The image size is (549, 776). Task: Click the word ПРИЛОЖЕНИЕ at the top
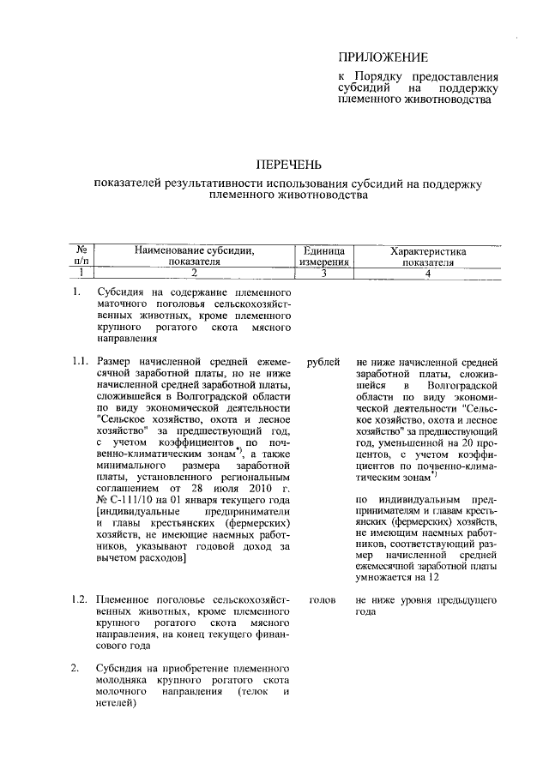[383, 57]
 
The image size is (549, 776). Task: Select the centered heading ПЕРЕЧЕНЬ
[289, 164]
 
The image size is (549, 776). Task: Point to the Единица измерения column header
[324, 257]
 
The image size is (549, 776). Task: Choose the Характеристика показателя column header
[427, 257]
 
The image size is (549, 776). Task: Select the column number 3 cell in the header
[324, 273]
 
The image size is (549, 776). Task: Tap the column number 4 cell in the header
[427, 273]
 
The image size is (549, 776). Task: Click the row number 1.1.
[81, 363]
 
